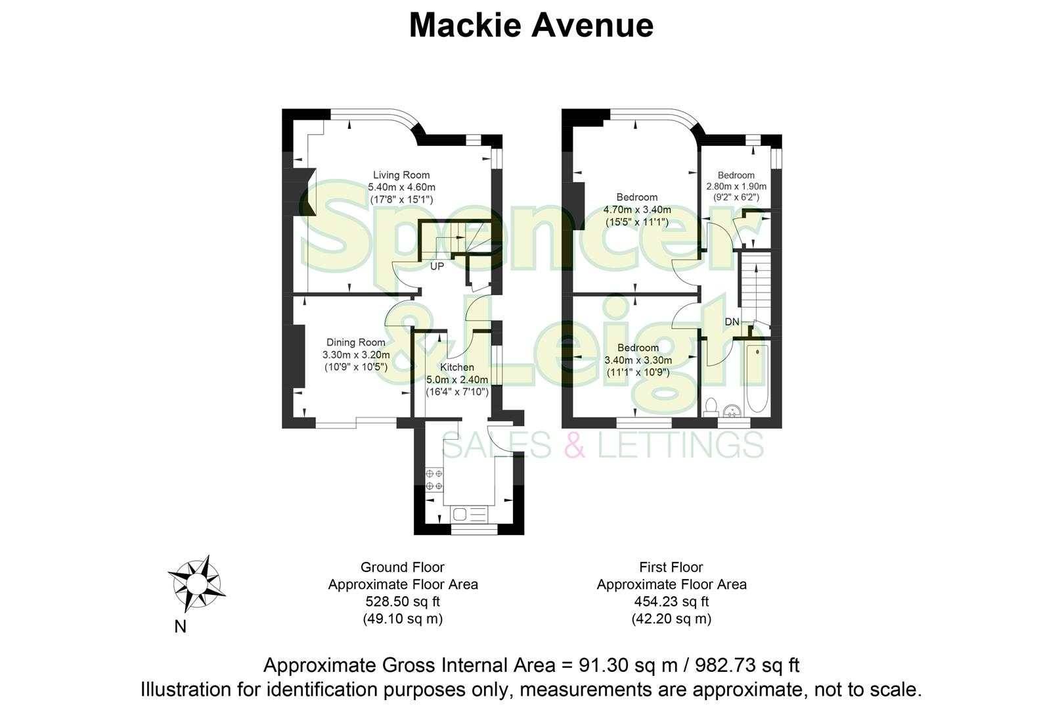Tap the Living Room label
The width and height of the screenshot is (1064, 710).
pyautogui.click(x=401, y=175)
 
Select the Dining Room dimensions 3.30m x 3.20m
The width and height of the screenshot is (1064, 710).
pyautogui.click(x=355, y=355)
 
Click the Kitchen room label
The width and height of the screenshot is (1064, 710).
pyautogui.click(x=456, y=367)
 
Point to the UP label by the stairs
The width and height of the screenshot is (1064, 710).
pyautogui.click(x=437, y=266)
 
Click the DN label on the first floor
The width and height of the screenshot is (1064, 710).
pyautogui.click(x=732, y=322)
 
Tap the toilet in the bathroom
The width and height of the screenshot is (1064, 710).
pyautogui.click(x=710, y=407)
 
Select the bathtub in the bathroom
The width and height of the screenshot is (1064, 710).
pyautogui.click(x=757, y=377)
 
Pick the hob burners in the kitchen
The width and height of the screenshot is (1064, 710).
pyautogui.click(x=434, y=479)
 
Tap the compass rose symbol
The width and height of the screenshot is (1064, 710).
pyautogui.click(x=196, y=582)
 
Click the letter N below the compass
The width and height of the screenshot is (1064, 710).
pyautogui.click(x=180, y=627)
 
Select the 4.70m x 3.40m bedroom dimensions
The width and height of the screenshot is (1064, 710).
pyautogui.click(x=637, y=210)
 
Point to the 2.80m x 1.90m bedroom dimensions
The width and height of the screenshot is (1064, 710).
pyautogui.click(x=736, y=186)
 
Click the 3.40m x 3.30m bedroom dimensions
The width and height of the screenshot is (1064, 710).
pyautogui.click(x=638, y=360)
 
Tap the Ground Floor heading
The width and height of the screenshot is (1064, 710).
pyautogui.click(x=402, y=567)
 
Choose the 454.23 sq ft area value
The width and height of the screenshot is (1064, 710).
pyautogui.click(x=671, y=602)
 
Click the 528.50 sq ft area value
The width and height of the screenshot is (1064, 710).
pyautogui.click(x=402, y=602)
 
